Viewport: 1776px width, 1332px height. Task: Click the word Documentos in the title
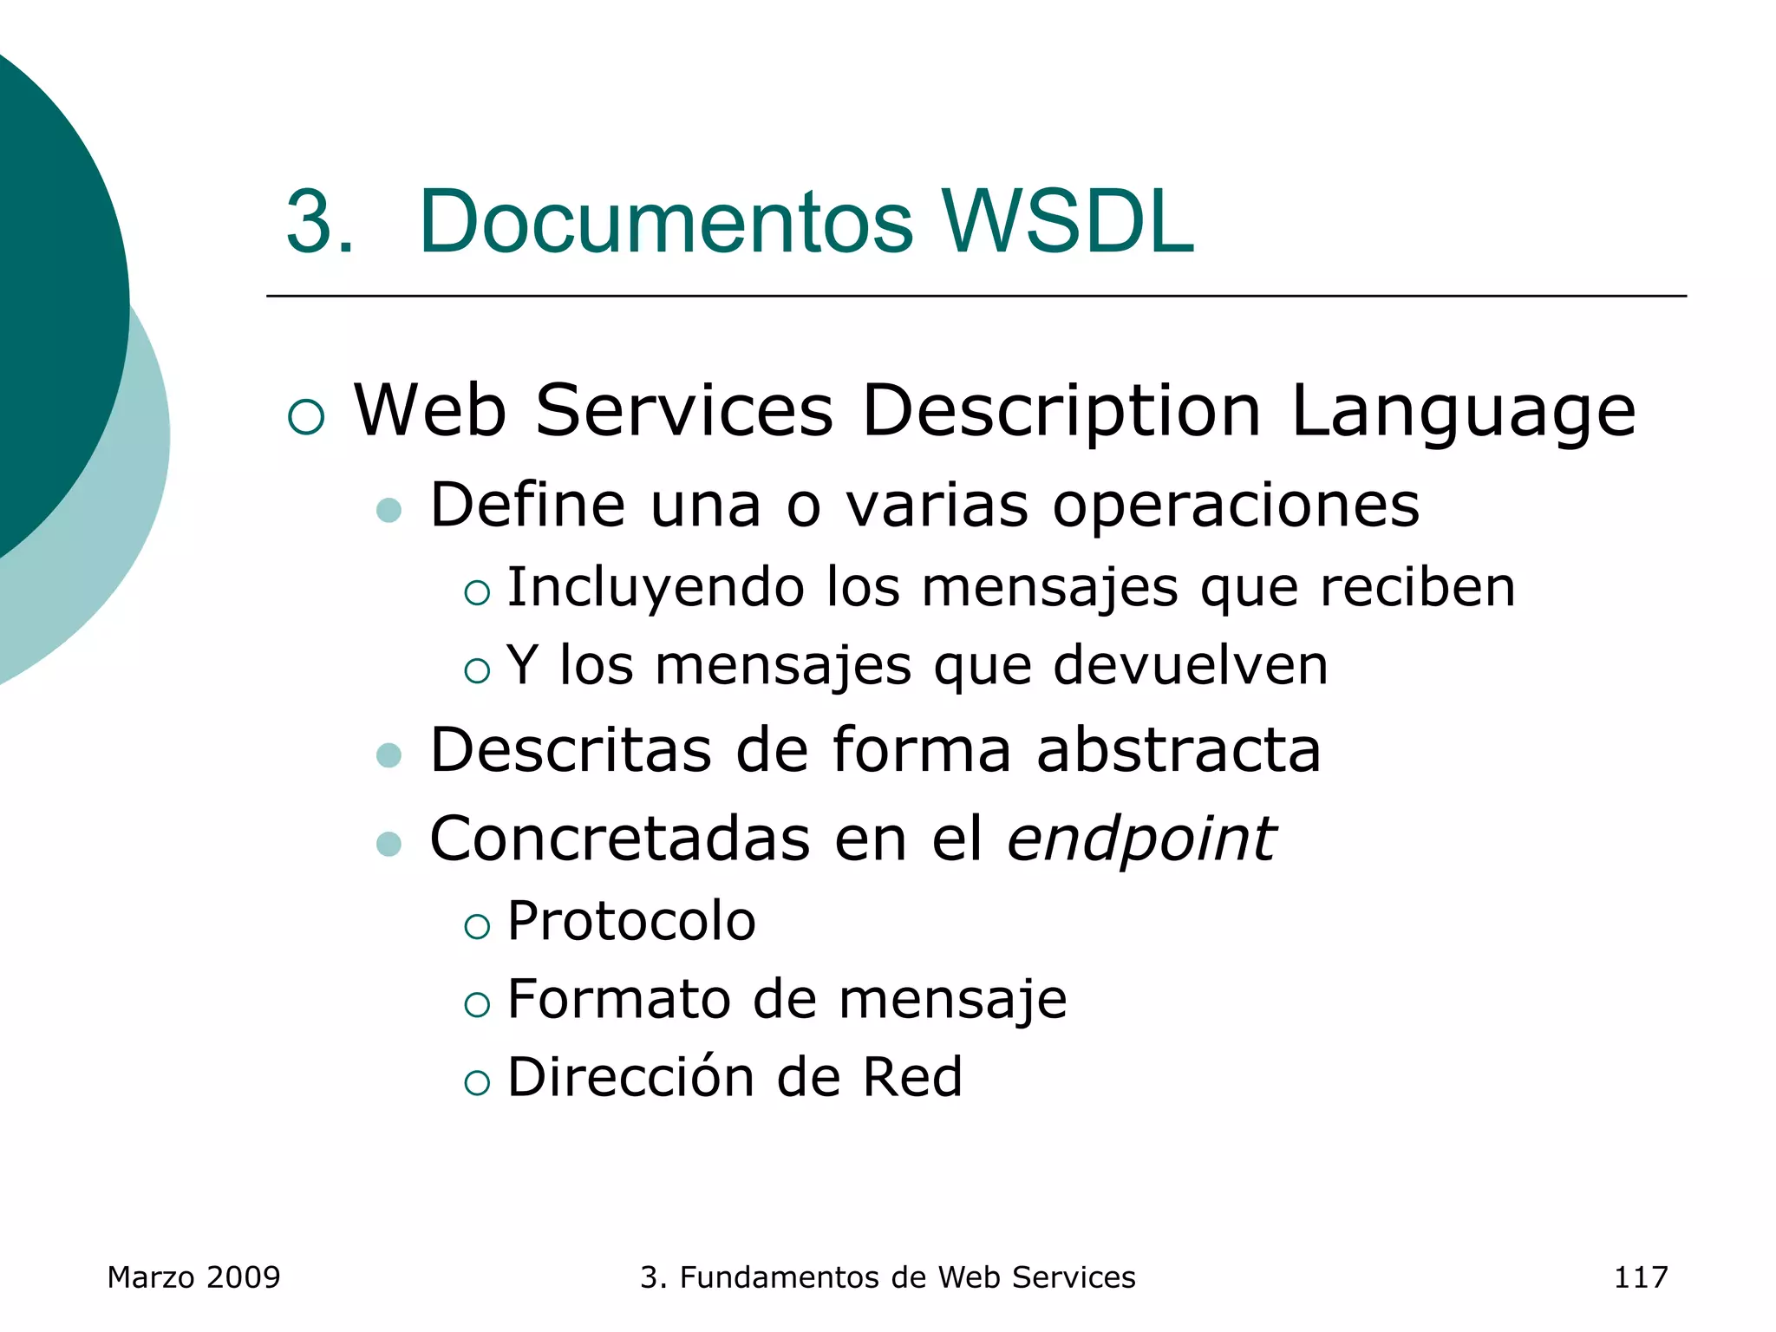tap(665, 222)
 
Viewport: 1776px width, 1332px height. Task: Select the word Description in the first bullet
tap(1061, 411)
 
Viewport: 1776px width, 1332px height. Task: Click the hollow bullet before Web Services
tap(306, 417)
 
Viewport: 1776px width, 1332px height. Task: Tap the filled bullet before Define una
tap(388, 510)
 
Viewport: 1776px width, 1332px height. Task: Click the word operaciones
tap(1236, 506)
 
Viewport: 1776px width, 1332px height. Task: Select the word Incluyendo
tap(656, 588)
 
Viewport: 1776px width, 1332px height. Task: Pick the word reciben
tap(1418, 587)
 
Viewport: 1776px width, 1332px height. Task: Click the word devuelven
tap(1191, 665)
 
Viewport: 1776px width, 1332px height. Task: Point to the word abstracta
tap(1179, 749)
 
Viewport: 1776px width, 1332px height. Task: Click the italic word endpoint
tap(1141, 839)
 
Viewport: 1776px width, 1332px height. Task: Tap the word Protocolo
tap(631, 921)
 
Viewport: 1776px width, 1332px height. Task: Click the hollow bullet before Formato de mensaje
tap(477, 1004)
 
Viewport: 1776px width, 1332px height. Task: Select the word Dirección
tap(630, 1077)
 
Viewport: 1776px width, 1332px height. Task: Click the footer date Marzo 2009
tap(193, 1277)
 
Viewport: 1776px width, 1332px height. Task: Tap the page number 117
tap(1640, 1277)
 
